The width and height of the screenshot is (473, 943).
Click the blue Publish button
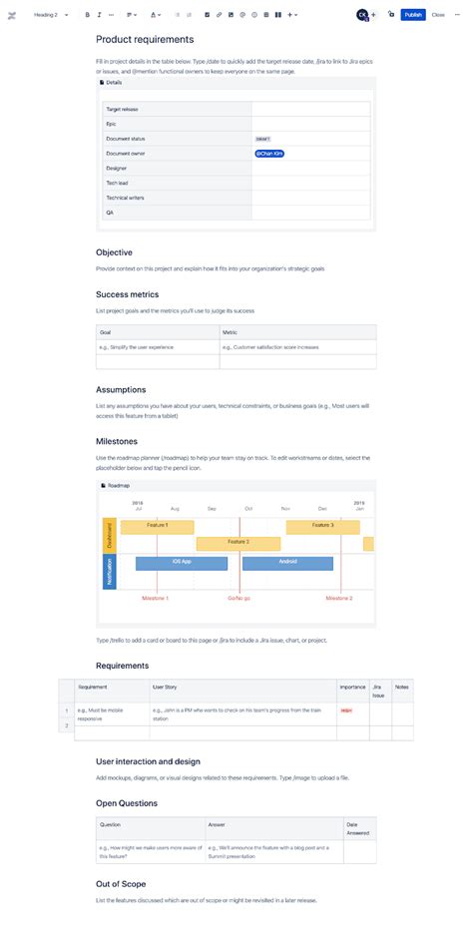[413, 15]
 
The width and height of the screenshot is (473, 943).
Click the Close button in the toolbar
[438, 15]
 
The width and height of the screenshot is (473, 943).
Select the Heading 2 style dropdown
[49, 15]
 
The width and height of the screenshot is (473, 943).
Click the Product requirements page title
[145, 40]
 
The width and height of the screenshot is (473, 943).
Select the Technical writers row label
[125, 198]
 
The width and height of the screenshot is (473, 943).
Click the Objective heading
[114, 252]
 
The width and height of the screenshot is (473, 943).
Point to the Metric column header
[230, 332]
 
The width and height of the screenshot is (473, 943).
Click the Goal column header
[105, 332]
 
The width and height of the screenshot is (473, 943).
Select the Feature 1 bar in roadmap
[157, 526]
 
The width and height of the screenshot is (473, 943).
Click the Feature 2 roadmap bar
[238, 543]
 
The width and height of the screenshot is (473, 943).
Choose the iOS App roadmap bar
[183, 563]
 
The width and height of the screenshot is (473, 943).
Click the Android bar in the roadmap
[287, 563]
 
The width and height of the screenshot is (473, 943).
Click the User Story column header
[165, 687]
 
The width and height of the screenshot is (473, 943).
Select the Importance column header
[352, 687]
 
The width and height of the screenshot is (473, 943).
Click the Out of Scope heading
[122, 884]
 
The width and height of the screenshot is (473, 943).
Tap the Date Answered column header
[358, 828]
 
